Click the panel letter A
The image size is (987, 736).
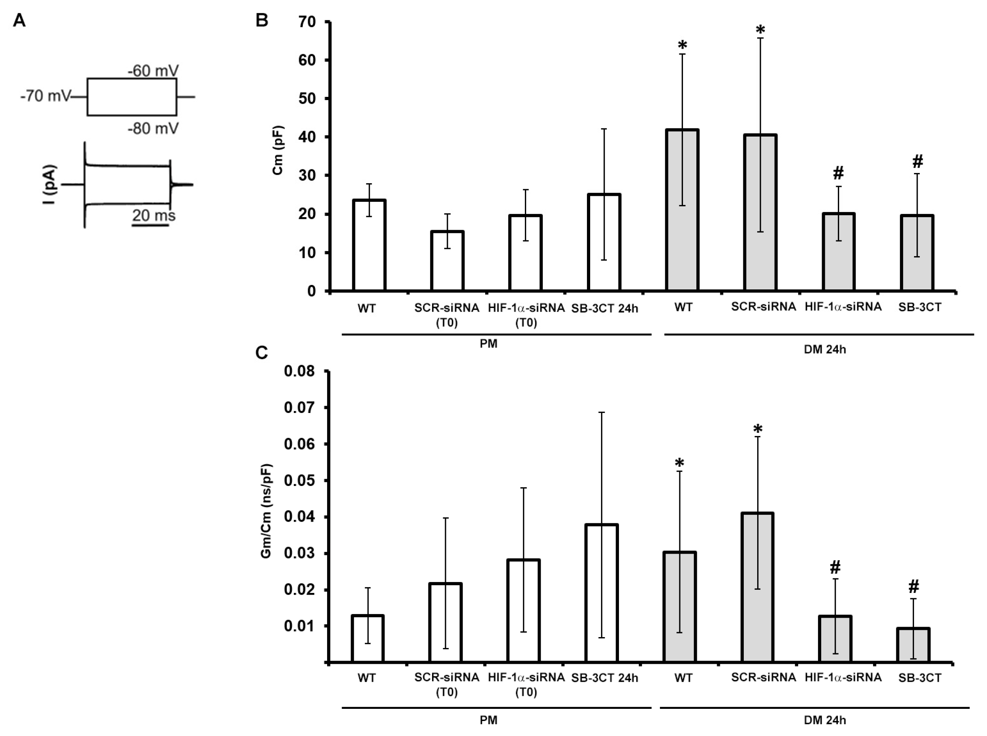(x=19, y=21)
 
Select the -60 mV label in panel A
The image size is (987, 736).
(x=153, y=71)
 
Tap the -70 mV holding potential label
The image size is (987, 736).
(x=45, y=96)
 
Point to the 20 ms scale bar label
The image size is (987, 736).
(x=154, y=216)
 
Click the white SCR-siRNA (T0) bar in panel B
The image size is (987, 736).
(x=447, y=261)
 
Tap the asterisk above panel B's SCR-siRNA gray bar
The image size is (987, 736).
(x=760, y=30)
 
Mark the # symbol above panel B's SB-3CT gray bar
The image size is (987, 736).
(x=917, y=161)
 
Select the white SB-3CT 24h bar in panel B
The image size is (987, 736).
(x=604, y=242)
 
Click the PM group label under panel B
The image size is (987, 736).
(x=489, y=344)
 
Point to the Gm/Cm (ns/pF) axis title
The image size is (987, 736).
(x=266, y=511)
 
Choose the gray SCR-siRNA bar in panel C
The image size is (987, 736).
(x=757, y=587)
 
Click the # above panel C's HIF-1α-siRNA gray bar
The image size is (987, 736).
(x=835, y=567)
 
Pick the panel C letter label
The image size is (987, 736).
(x=261, y=353)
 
